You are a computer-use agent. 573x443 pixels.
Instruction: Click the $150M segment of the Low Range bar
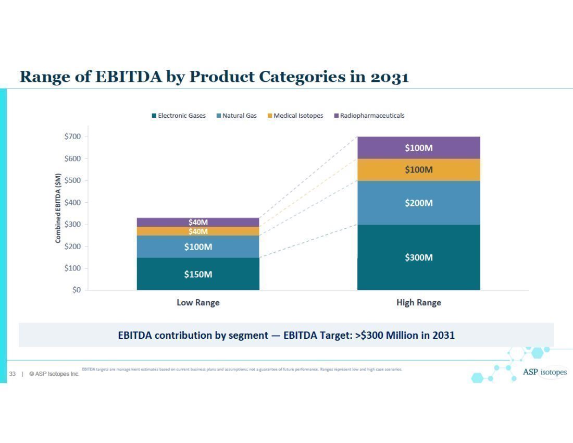click(x=198, y=274)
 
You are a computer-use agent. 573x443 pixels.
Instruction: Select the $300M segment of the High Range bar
click(x=418, y=257)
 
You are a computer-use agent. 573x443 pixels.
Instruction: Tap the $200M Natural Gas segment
click(x=418, y=203)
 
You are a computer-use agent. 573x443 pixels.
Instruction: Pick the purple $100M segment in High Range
click(x=418, y=148)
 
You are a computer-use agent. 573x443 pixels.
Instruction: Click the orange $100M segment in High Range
click(x=418, y=170)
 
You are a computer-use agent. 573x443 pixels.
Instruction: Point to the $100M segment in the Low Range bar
click(x=198, y=247)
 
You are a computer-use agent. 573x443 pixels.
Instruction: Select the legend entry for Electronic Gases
click(x=178, y=116)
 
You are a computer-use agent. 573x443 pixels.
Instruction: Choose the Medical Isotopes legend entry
click(x=295, y=116)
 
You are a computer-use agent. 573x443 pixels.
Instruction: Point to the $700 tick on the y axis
click(x=72, y=137)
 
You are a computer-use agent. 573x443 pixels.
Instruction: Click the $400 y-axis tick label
click(x=72, y=202)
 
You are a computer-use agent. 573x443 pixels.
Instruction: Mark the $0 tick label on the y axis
click(x=76, y=290)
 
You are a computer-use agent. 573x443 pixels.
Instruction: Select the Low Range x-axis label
click(x=198, y=302)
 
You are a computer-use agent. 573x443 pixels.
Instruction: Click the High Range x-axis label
click(x=418, y=302)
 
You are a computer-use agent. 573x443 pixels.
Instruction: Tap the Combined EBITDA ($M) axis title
click(x=58, y=208)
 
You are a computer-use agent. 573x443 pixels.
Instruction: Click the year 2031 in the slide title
click(x=389, y=77)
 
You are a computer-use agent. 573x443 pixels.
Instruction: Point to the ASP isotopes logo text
click(x=544, y=372)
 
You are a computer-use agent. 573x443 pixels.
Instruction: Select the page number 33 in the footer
click(x=13, y=374)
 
